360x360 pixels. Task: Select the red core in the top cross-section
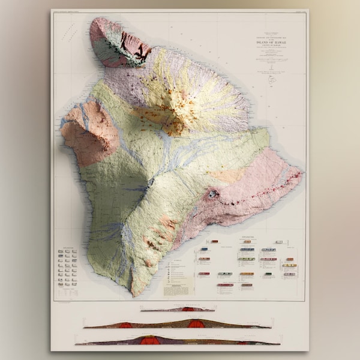click(188, 310)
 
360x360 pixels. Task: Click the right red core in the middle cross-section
click(196, 323)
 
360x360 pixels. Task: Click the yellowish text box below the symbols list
click(175, 287)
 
